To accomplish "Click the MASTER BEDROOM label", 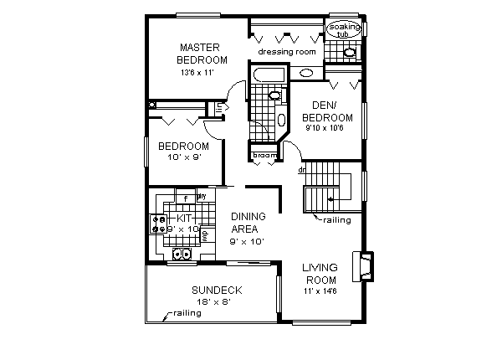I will (x=202, y=54).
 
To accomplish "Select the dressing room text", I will (x=286, y=52).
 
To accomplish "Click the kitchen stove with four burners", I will (x=158, y=224).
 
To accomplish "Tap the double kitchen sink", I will (x=181, y=255).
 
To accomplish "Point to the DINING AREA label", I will (x=248, y=222).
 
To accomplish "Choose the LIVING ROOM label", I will (x=320, y=274).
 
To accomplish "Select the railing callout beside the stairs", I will (x=337, y=220).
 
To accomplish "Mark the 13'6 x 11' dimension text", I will (x=199, y=74).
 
